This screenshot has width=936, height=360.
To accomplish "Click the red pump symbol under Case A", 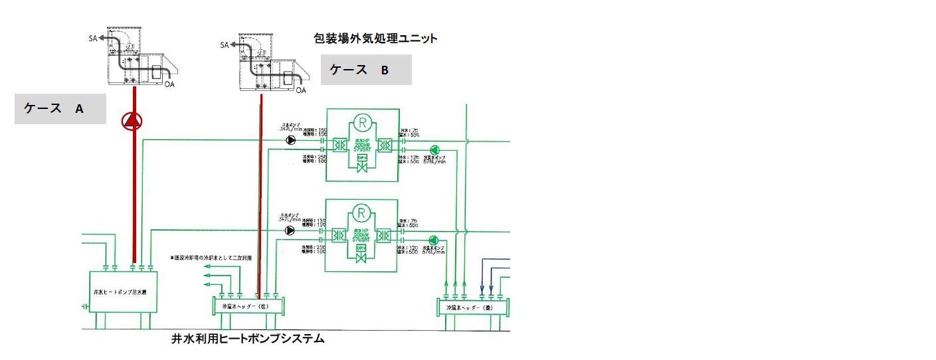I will click(133, 121).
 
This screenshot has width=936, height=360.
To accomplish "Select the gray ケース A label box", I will click(60, 109).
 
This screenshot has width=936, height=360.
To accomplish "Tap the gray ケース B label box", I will click(366, 70).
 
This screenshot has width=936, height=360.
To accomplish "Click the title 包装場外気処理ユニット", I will click(375, 39).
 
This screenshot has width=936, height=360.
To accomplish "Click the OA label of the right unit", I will click(301, 90).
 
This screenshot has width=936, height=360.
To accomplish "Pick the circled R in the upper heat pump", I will click(362, 122).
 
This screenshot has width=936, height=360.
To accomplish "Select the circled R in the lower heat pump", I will click(362, 213).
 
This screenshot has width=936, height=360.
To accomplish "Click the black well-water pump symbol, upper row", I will click(290, 140).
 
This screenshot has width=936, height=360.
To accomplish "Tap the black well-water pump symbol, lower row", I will click(290, 230).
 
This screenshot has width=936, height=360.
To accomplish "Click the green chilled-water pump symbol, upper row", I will click(434, 150).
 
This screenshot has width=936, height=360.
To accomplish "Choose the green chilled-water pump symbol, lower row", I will click(434, 240).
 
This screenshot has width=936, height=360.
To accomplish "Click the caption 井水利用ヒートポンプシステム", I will click(248, 339).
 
